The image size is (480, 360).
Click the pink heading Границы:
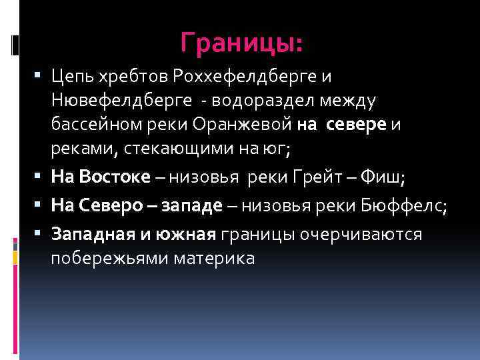241,45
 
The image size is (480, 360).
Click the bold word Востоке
114,177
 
